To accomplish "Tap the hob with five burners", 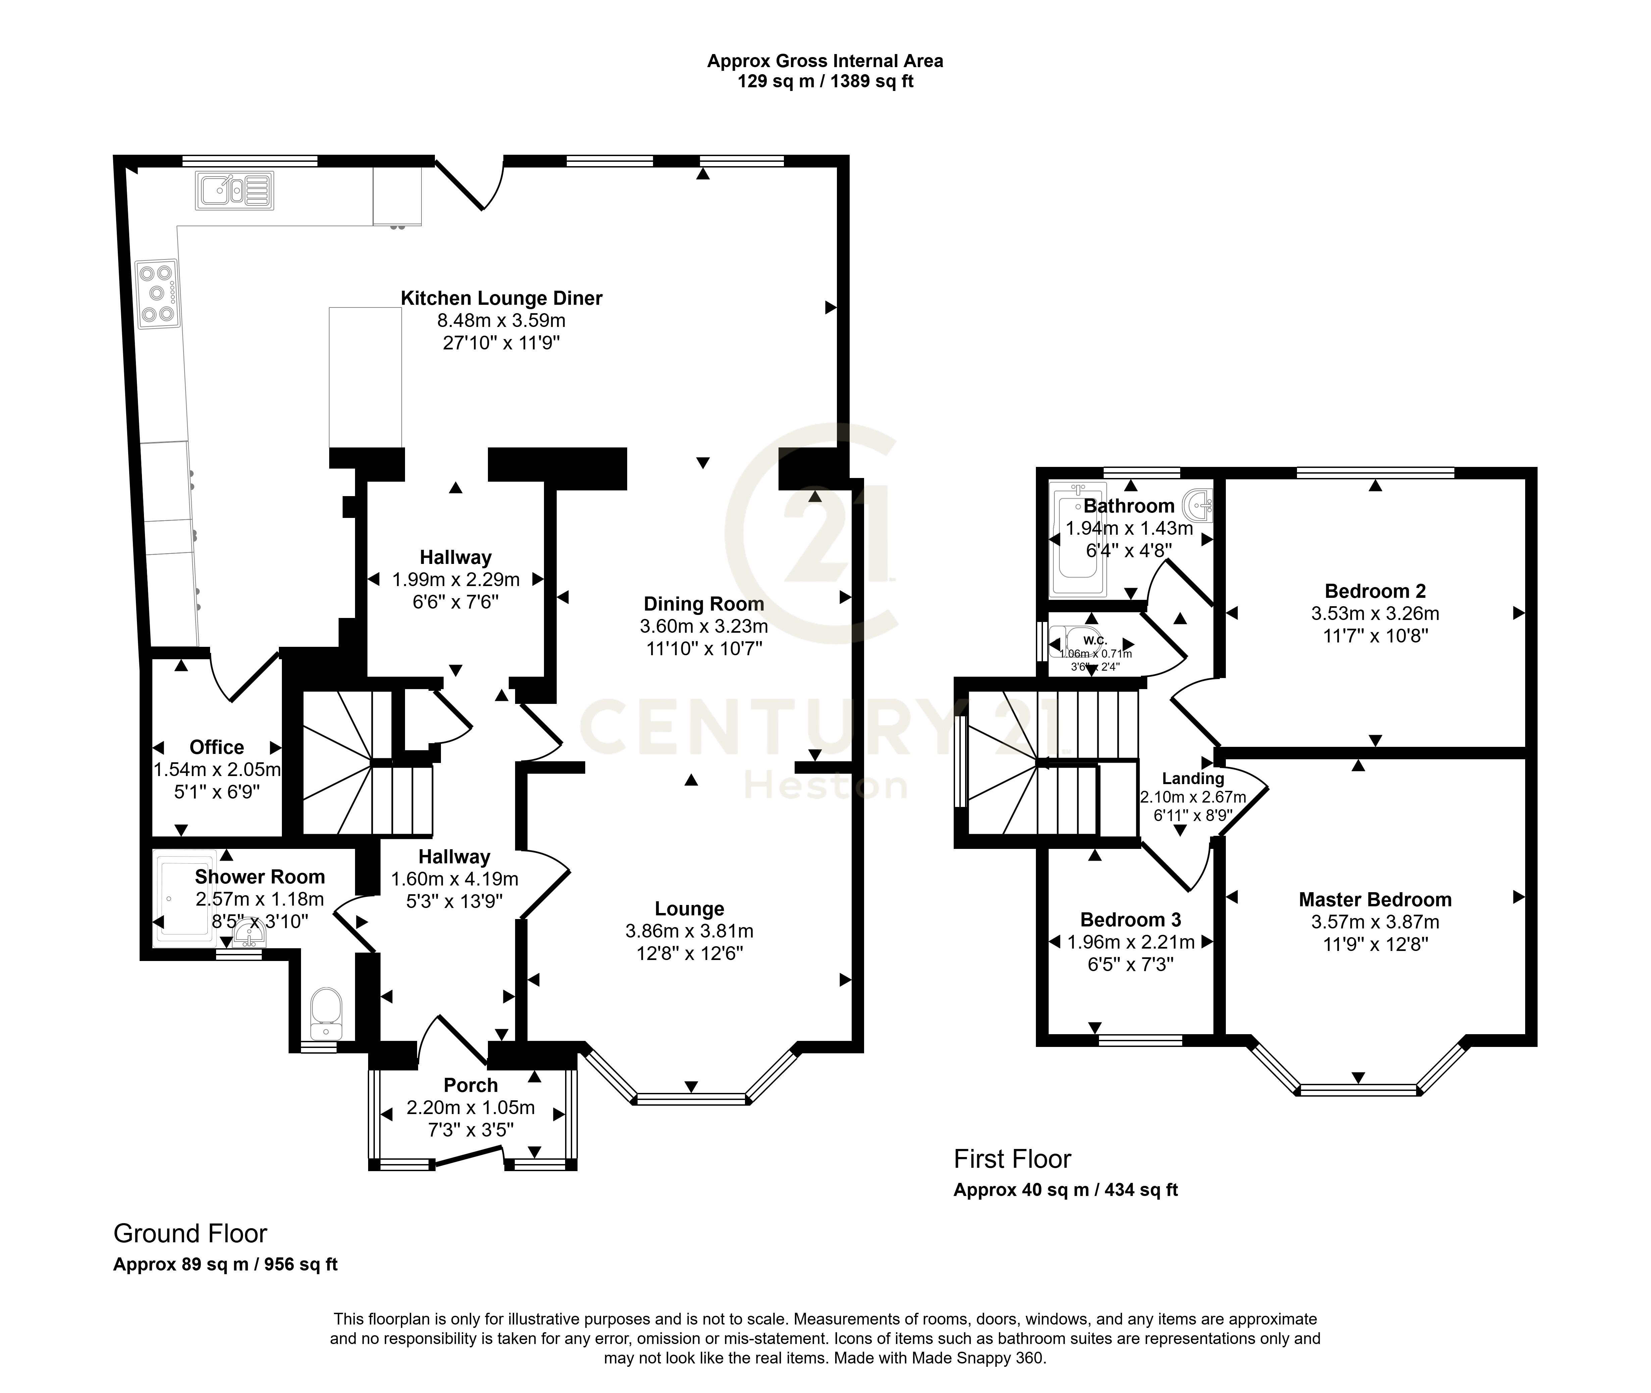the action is (x=156, y=294).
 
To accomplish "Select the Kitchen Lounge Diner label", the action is (x=501, y=298).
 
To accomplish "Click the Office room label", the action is (x=216, y=747).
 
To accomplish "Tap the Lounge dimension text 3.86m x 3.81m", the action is (x=689, y=931).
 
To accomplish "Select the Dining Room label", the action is (x=703, y=604).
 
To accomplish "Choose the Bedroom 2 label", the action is (x=1374, y=591).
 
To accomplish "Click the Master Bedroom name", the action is (x=1374, y=900).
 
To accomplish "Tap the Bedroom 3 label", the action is (x=1131, y=920).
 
